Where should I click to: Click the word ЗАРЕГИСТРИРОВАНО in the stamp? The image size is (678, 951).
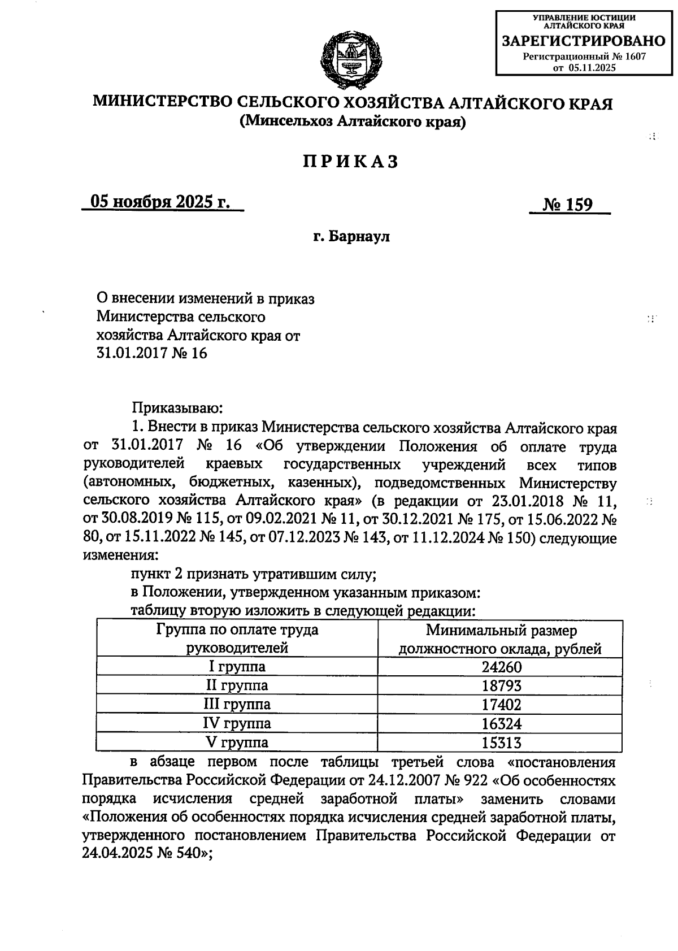[x=584, y=41]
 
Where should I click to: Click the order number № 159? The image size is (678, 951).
[x=568, y=205]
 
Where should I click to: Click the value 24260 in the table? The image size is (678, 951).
[x=501, y=667]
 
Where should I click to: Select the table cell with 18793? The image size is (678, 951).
[x=501, y=685]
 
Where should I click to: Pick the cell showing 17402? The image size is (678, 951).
[x=501, y=705]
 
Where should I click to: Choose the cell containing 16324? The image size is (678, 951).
[x=501, y=723]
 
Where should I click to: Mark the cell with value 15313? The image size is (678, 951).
[x=501, y=742]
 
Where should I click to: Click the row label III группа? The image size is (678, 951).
[x=237, y=704]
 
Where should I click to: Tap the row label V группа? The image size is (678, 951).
[x=237, y=742]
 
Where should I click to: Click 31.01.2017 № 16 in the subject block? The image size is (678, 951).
[x=152, y=354]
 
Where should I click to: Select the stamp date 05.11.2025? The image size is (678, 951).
[x=592, y=67]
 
